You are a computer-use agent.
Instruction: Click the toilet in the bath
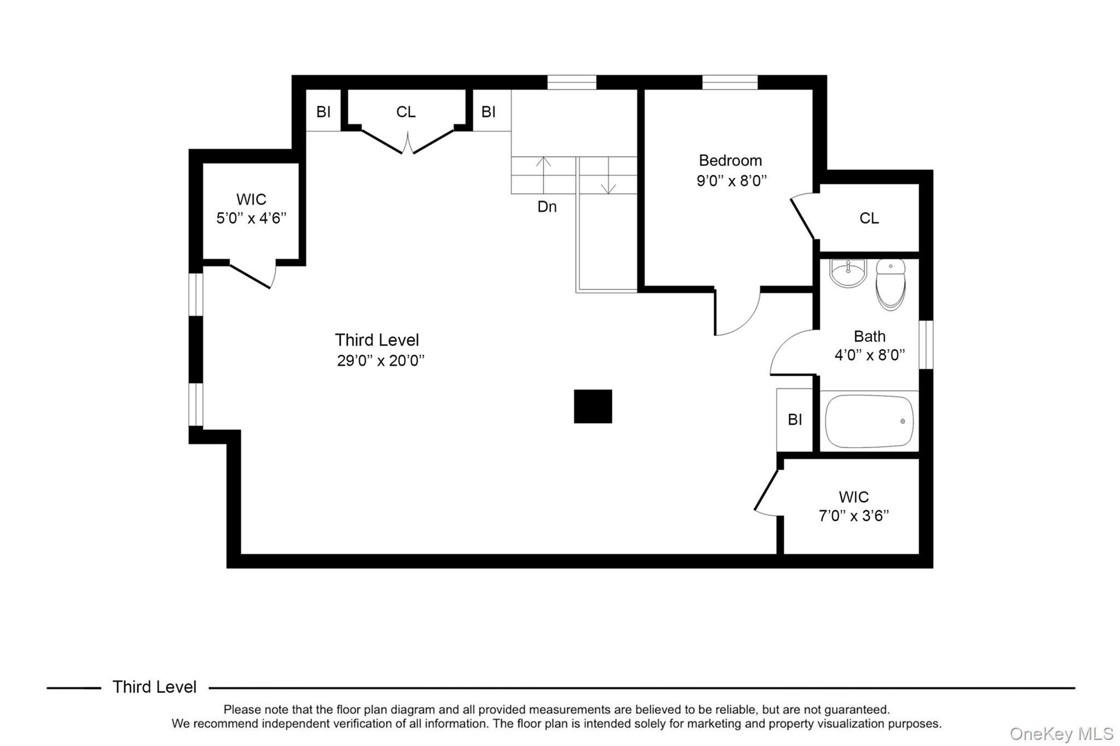coord(890,284)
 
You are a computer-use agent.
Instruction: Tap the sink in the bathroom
coord(848,273)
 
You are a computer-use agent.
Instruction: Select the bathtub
coord(869,421)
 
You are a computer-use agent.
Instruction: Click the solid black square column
coord(593,406)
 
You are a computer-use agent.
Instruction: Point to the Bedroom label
coord(730,160)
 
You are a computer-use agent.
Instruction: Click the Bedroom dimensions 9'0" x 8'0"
coord(732,180)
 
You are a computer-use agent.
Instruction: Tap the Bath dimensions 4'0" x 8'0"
coord(870,355)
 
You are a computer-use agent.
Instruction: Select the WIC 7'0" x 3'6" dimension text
coord(854,515)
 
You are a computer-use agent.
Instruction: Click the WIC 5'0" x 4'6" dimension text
coord(251,218)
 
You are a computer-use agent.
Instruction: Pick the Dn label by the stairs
coord(547,207)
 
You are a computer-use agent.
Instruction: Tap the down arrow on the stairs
coord(608,175)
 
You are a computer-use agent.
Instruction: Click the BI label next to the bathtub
coord(795,419)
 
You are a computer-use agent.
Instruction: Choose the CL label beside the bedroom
coord(869,218)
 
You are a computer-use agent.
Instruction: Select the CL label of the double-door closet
coord(406,112)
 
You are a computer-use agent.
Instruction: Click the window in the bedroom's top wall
coord(730,83)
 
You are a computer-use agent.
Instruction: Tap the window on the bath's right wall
coord(926,345)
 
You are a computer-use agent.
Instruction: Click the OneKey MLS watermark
coord(1061,733)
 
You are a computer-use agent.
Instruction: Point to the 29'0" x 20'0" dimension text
coord(381,361)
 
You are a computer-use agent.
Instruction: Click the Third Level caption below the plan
coord(154,687)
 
